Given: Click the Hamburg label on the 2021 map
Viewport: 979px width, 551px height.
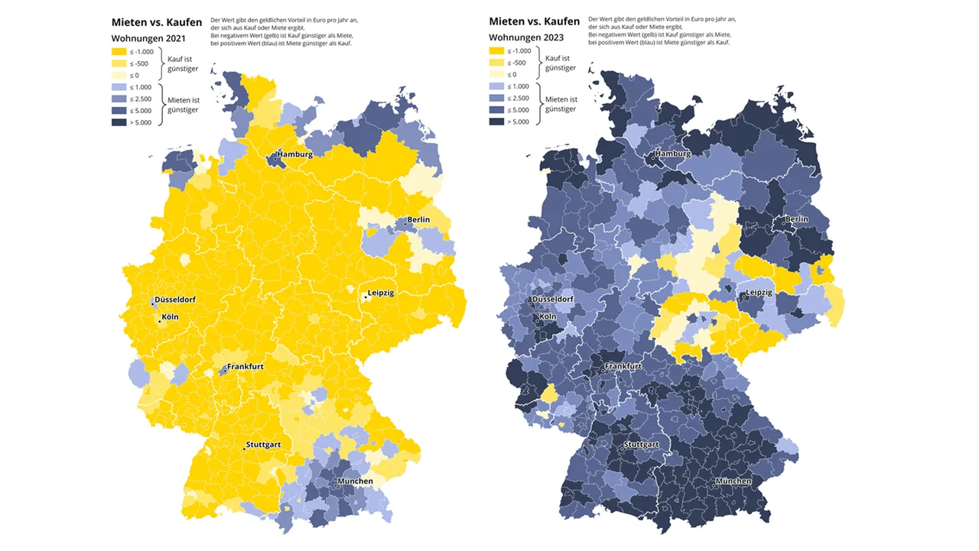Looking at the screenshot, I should pos(294,154).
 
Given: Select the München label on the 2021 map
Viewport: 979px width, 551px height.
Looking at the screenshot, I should pos(353,481).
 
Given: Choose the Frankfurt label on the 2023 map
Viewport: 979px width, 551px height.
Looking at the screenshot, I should pos(623,367).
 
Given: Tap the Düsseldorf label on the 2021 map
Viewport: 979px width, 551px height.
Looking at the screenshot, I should pos(174,300).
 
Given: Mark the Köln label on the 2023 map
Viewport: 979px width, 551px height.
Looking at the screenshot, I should pos(548,317).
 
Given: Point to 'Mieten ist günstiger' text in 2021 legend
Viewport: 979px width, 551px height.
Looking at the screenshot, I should pos(183,105).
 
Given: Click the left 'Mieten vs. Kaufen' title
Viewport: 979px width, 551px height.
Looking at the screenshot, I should pos(157,22).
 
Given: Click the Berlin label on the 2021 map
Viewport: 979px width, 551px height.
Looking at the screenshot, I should pos(418,220).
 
